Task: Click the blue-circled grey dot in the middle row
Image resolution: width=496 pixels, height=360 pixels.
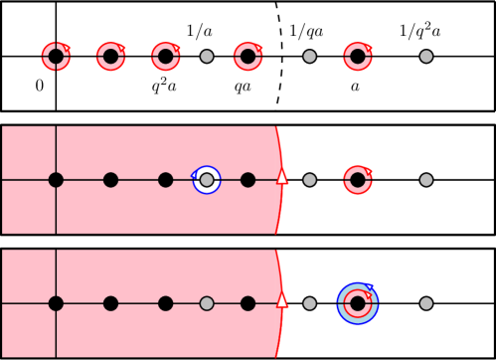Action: pos(207,180)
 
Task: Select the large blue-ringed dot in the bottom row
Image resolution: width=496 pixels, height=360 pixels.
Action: pos(358,303)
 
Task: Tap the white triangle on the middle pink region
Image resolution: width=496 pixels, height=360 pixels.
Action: pos(282,176)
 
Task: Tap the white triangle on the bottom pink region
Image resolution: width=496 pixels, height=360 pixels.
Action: pos(282,299)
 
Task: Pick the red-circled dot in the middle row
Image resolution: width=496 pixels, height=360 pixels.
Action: pos(358,180)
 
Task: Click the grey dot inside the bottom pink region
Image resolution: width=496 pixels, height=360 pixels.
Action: pos(207,303)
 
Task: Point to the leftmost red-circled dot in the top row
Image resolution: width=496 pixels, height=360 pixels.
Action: pos(56,57)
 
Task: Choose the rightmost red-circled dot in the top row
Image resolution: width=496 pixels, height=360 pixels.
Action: pos(358,57)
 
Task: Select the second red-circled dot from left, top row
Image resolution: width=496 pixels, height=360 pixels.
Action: pos(110,57)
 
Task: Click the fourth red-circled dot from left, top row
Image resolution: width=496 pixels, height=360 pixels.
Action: pos(248,57)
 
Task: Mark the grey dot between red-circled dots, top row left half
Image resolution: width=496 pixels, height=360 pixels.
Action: pos(207,57)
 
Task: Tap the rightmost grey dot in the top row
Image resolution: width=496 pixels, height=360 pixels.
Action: pos(426,57)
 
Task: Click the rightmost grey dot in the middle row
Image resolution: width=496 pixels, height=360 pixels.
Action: pos(426,180)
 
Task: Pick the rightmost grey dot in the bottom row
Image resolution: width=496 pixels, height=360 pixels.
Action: pos(426,303)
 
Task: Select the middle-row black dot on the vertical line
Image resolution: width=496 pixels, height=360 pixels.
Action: pos(56,180)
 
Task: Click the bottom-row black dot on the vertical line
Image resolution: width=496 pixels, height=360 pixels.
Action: pos(56,303)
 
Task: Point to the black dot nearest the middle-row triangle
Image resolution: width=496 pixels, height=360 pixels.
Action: pos(248,180)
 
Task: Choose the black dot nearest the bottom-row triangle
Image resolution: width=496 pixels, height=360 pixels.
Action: pos(248,303)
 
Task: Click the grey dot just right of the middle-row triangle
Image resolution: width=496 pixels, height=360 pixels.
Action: pos(310,180)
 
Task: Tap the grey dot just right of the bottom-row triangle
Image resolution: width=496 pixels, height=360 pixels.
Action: pos(310,303)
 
